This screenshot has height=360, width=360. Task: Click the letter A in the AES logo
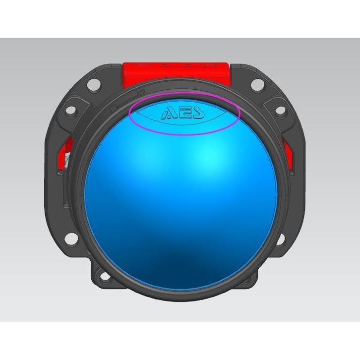[168, 114]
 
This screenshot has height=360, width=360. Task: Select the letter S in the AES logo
[198, 113]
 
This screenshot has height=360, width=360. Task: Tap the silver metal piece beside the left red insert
[66, 160]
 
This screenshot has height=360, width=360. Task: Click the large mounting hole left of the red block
[94, 85]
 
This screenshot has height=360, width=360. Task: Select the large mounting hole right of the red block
[257, 84]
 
